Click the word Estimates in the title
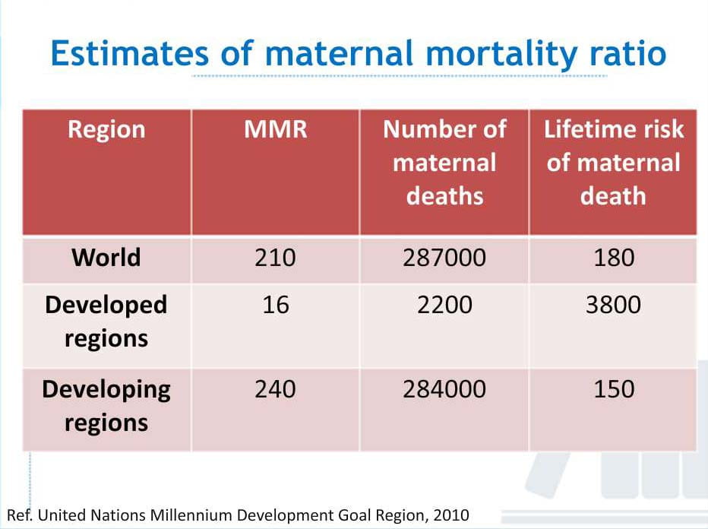[x=130, y=53]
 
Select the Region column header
[x=106, y=130]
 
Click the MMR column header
[x=276, y=129]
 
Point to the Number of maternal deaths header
[x=444, y=163]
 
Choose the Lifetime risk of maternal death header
[x=614, y=163]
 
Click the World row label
[x=106, y=258]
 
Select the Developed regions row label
[x=106, y=322]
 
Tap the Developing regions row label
[x=106, y=406]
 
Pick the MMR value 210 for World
[x=275, y=258]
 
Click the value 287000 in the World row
[x=444, y=258]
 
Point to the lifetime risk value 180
[x=614, y=258]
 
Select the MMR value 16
[x=276, y=305]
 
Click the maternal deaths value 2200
[x=444, y=305]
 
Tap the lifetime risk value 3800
[x=613, y=305]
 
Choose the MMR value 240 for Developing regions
[x=275, y=389]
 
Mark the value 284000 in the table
[x=444, y=389]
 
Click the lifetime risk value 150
[x=614, y=389]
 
